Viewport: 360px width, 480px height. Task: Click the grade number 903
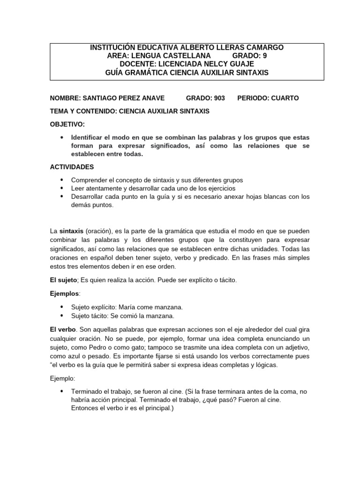(x=219, y=98)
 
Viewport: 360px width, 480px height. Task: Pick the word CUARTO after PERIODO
(x=281, y=98)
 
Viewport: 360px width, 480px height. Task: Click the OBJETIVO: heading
(x=67, y=124)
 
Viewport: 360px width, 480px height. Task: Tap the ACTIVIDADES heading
(x=72, y=167)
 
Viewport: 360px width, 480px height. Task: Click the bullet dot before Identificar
(x=62, y=137)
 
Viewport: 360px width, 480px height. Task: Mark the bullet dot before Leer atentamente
(x=62, y=188)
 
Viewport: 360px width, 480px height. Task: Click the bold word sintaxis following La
(x=71, y=231)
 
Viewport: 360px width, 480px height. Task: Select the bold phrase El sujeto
(x=63, y=280)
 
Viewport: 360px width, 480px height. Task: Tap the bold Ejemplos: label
(x=65, y=293)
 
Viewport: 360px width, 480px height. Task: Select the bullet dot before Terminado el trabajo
(x=62, y=391)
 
